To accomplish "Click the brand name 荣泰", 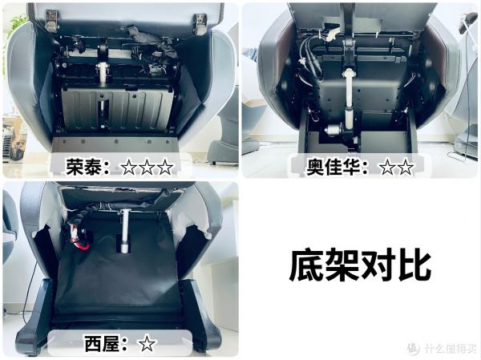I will (85, 167).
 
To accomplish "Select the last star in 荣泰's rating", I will (164, 167).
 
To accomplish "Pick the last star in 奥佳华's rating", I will (406, 167).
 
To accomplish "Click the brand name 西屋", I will (101, 343).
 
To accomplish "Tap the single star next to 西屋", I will (146, 343).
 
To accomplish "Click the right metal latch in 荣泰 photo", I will (200, 22).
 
